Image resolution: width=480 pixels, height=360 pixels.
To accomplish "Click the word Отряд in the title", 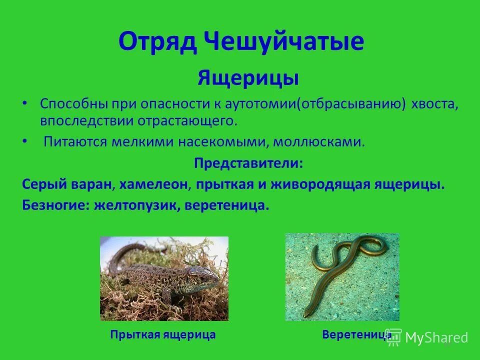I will (155, 42).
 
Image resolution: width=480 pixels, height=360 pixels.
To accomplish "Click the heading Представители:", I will (248, 163).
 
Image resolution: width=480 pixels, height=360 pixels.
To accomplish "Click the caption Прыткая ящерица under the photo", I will (163, 335).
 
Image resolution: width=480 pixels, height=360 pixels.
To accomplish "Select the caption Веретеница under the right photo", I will (356, 334).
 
